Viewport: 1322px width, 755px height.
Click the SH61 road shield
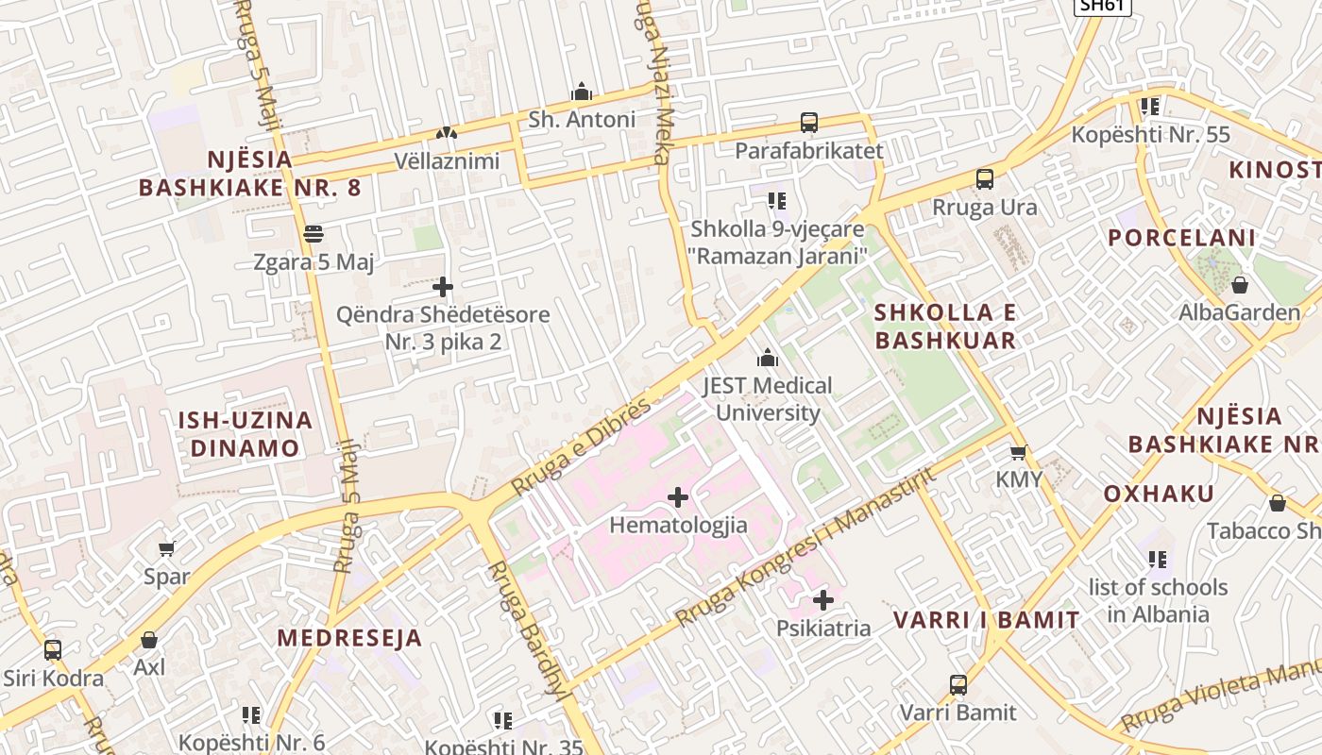pyautogui.click(x=1102, y=5)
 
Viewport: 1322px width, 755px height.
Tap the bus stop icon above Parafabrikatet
pyautogui.click(x=809, y=123)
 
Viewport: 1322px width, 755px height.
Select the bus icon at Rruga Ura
pyautogui.click(x=985, y=179)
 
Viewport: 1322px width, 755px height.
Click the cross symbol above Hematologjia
pyautogui.click(x=678, y=496)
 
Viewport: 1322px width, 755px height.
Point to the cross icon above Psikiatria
pyautogui.click(x=823, y=599)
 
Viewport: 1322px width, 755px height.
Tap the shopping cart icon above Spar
pyautogui.click(x=167, y=548)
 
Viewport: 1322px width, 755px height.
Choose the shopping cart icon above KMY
pyautogui.click(x=1018, y=452)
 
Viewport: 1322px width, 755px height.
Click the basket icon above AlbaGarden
pyautogui.click(x=1240, y=284)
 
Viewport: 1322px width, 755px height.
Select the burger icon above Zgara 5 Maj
pyautogui.click(x=314, y=234)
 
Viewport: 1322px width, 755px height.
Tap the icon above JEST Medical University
pyautogui.click(x=768, y=358)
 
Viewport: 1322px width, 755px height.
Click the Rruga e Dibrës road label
pyautogui.click(x=582, y=446)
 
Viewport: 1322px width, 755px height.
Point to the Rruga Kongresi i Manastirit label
pyautogui.click(x=807, y=546)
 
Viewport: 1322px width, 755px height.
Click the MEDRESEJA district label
pyautogui.click(x=349, y=638)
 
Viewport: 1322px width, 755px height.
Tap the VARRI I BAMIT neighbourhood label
pyautogui.click(x=987, y=620)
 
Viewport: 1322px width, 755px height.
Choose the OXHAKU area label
pyautogui.click(x=1159, y=494)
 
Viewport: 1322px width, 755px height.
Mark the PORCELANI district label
pyautogui.click(x=1182, y=238)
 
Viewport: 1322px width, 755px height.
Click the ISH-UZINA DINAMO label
pyautogui.click(x=246, y=434)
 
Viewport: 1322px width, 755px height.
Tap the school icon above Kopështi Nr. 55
pyautogui.click(x=1149, y=107)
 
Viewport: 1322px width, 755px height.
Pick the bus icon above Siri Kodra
pyautogui.click(x=53, y=650)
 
